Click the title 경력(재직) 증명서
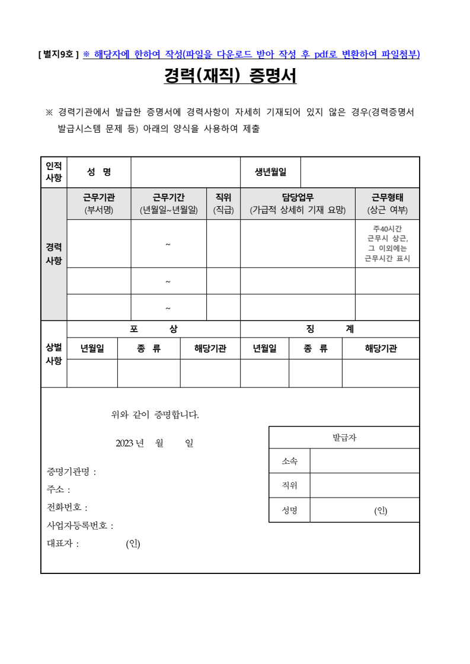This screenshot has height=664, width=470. (230, 76)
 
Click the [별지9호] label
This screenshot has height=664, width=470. (59, 54)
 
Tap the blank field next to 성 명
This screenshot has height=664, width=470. (185, 172)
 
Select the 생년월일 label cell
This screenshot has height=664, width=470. (270, 172)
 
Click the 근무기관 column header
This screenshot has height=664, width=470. (98, 204)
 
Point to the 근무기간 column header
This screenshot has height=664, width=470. (168, 204)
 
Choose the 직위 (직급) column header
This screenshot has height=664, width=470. (223, 204)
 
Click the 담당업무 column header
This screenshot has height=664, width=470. (297, 204)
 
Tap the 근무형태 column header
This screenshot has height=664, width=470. (387, 204)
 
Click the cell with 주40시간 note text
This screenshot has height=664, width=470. (387, 243)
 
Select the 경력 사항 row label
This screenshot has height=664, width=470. (54, 254)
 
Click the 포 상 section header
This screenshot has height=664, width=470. (153, 329)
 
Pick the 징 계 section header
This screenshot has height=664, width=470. (330, 329)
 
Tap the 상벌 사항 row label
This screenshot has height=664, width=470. (54, 354)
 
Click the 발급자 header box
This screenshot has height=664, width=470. (344, 438)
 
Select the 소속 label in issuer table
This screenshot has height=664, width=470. (289, 461)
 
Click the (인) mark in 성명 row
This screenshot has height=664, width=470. (380, 511)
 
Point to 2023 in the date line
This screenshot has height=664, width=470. (125, 443)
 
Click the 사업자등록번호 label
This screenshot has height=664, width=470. (79, 525)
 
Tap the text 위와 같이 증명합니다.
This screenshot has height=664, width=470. (155, 415)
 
